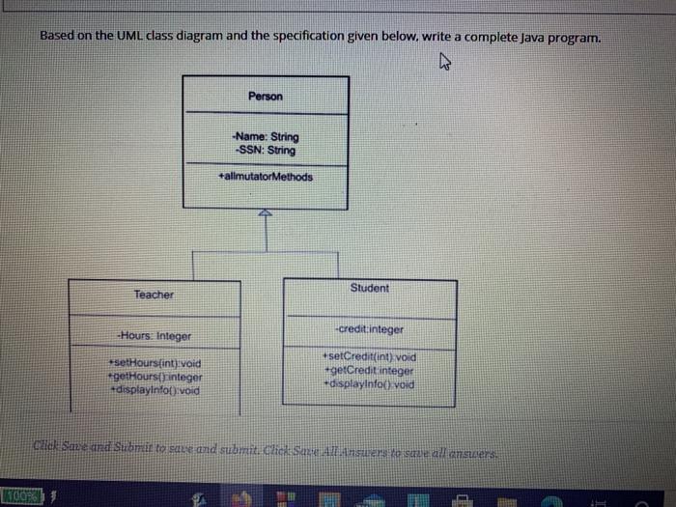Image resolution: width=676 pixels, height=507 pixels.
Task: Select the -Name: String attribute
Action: pyautogui.click(x=266, y=138)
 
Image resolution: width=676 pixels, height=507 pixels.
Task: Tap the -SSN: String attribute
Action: pyautogui.click(x=266, y=151)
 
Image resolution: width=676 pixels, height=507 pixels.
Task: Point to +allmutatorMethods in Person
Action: pyautogui.click(x=266, y=177)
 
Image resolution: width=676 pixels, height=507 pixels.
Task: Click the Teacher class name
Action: pyautogui.click(x=155, y=295)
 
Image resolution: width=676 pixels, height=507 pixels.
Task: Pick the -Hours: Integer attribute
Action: pyautogui.click(x=154, y=336)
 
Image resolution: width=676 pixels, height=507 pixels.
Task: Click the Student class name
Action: pyautogui.click(x=369, y=288)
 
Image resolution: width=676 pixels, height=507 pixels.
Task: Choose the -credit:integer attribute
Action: pyautogui.click(x=369, y=329)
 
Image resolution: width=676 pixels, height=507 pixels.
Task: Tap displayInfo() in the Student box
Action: pyautogui.click(x=369, y=382)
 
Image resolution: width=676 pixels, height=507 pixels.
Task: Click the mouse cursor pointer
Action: pyautogui.click(x=445, y=65)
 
